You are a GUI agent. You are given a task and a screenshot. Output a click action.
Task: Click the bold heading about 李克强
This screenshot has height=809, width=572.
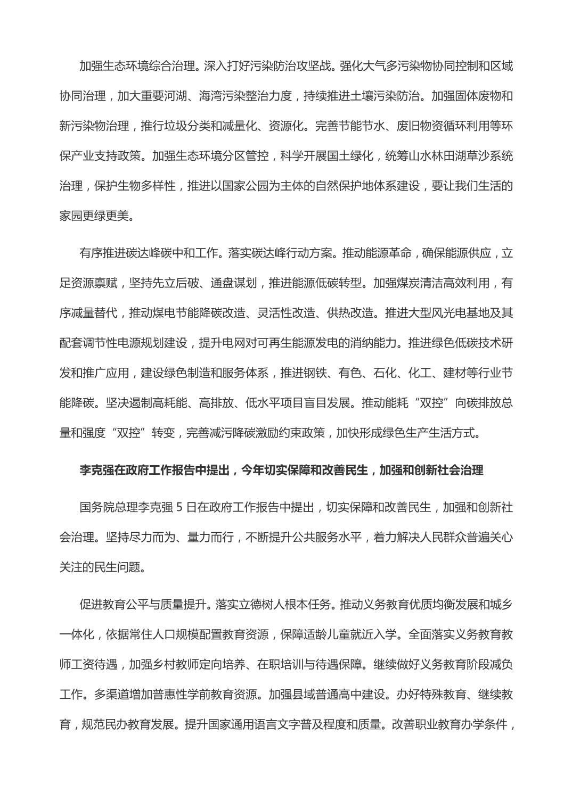pos(281,470)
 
